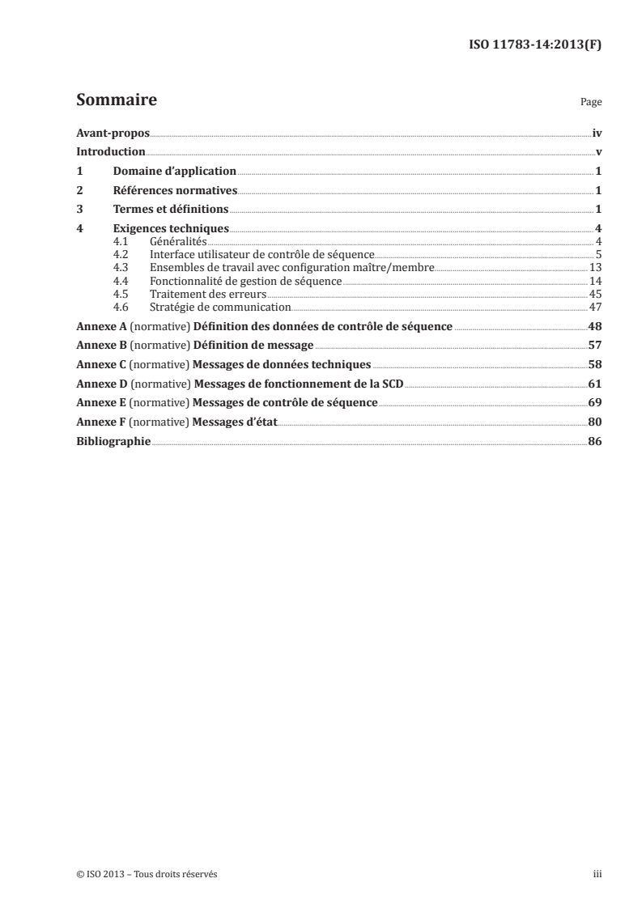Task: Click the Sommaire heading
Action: click(x=116, y=101)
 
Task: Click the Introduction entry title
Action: click(x=110, y=152)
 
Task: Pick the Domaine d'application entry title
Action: click(x=174, y=172)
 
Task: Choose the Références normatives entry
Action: click(x=175, y=191)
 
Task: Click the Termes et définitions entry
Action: click(x=171, y=210)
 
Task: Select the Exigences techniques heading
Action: click(x=171, y=229)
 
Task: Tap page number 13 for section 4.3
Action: click(x=595, y=267)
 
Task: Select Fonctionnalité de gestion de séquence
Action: click(x=246, y=281)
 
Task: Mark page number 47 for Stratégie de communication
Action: click(x=595, y=308)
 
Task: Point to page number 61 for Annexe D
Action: click(x=595, y=384)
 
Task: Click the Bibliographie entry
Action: click(x=113, y=441)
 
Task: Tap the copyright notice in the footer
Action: click(x=141, y=875)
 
